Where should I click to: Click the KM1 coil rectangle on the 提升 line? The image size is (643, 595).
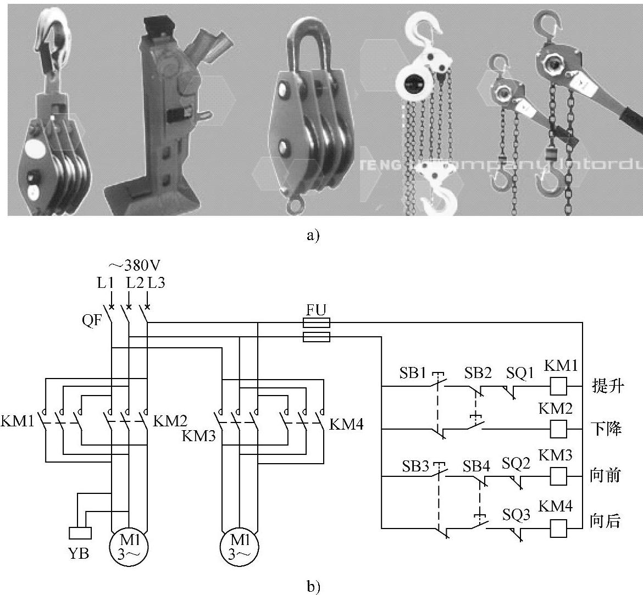pos(558,386)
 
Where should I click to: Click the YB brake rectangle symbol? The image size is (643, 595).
pos(80,533)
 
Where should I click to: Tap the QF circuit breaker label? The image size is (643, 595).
pos(92,320)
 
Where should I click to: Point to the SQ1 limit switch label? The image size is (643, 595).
pos(519,373)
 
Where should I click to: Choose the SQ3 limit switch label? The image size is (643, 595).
pos(516,515)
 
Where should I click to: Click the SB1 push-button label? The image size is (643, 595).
pos(414,373)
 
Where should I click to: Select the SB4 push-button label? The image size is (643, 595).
pos(476,466)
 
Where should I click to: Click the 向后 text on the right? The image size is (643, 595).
pos(606,520)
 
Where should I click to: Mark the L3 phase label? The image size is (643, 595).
pos(156,283)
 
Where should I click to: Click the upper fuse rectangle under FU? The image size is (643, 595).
pos(317,322)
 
